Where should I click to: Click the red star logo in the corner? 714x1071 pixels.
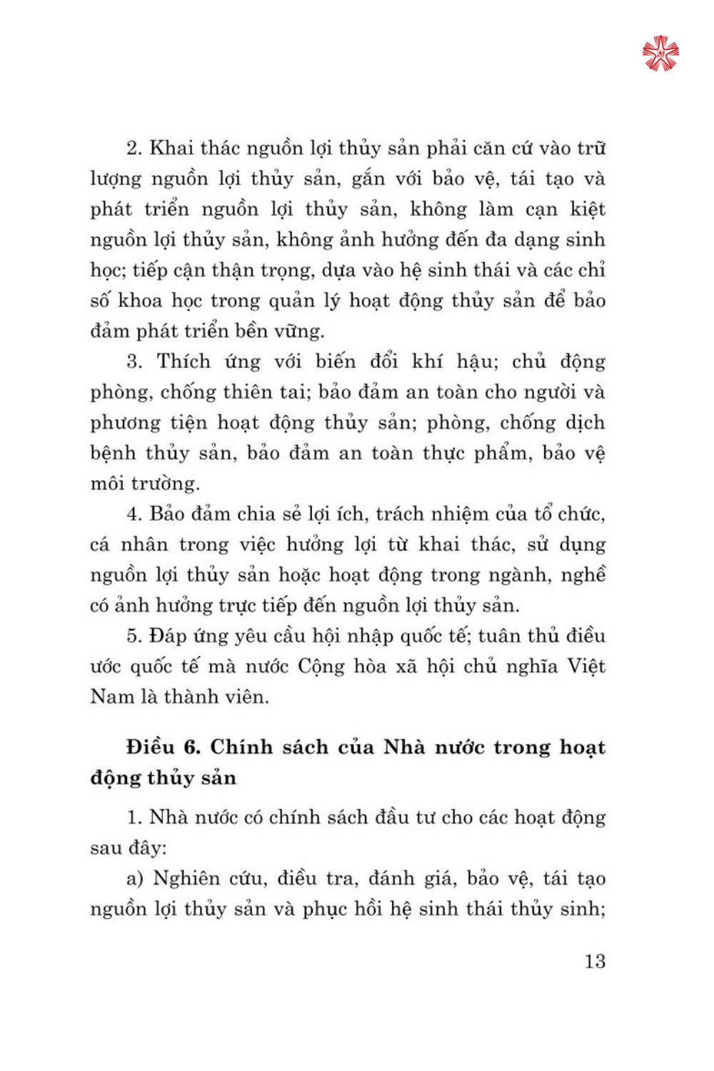660,54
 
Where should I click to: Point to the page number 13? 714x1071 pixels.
595,961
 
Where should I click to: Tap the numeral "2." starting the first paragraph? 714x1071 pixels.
135,149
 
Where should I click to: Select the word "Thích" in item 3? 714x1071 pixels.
183,361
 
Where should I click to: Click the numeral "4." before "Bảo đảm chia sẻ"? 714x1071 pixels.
135,514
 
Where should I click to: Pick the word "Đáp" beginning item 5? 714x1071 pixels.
169,636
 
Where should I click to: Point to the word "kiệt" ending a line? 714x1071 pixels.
587,209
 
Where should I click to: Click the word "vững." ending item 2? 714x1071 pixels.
296,331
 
